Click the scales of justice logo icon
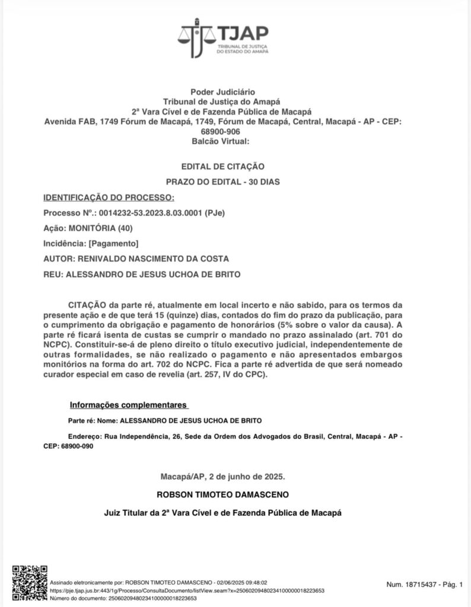[196, 37]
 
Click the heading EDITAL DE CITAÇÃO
[222, 167]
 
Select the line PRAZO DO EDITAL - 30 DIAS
[222, 182]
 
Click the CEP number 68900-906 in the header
[222, 132]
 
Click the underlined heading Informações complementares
[128, 405]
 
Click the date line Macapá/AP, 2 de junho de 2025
[222, 476]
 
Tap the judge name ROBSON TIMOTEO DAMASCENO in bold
[222, 494]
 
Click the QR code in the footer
[30, 583]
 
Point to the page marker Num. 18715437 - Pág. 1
[424, 584]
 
